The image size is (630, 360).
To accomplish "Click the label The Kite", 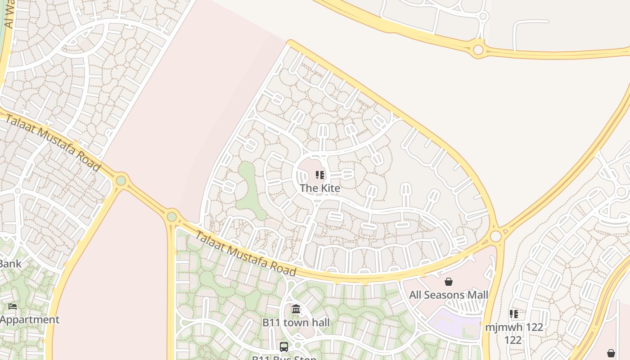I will tap(320, 188).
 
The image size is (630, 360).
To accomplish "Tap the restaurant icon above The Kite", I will tap(320, 175).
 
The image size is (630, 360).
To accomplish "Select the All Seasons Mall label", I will tap(448, 295).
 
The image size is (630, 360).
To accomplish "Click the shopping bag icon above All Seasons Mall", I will tap(449, 282).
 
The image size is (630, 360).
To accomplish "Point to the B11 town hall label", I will tap(296, 323).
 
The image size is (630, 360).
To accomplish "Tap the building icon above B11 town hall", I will tap(296, 309).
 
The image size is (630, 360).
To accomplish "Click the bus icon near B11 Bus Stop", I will tap(284, 347).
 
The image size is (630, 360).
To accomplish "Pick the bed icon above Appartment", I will tap(13, 306).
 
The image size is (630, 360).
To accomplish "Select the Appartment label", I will tap(29, 320).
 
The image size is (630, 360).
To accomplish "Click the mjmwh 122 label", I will tap(514, 328).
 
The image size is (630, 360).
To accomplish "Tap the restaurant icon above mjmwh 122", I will tap(514, 314).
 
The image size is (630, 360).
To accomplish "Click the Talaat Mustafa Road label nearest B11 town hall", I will tap(245, 254).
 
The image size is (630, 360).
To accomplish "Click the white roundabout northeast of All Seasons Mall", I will tap(495, 236).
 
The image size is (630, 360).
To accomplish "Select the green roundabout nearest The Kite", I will tap(171, 217).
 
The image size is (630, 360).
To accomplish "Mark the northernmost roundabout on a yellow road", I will tap(478, 49).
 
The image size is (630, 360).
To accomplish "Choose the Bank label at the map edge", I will tap(10, 264).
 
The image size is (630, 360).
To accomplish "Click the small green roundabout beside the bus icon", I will tap(297, 346).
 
